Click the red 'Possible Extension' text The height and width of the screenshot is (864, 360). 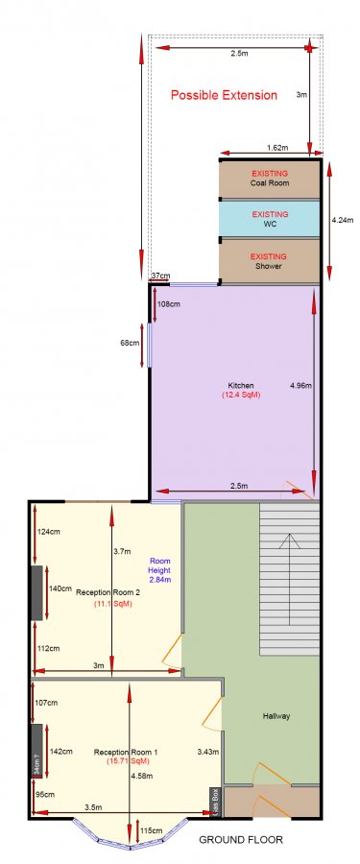pos(224,95)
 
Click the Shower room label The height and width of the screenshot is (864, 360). pos(269,267)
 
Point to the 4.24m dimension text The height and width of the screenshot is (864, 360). pos(342,220)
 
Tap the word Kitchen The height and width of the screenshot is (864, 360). pos(234,385)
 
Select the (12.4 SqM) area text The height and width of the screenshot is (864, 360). pos(235,396)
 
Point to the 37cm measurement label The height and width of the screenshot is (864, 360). pos(159,276)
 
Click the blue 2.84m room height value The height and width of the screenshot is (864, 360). pos(161,580)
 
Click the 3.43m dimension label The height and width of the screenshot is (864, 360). pos(208,752)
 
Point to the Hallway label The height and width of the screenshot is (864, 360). pos(276,716)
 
